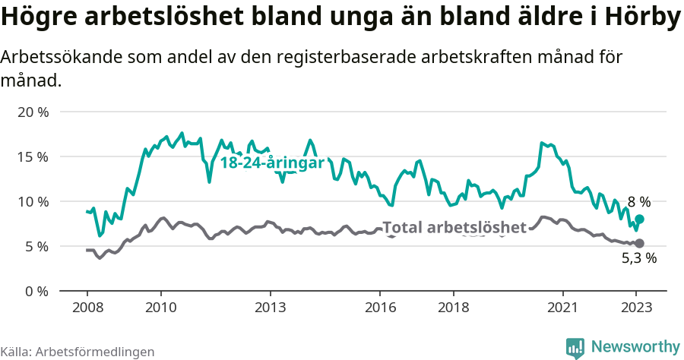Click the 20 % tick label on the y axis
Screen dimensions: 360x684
[33, 112]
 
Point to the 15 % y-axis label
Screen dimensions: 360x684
[33, 156]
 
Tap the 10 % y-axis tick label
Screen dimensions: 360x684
[33, 201]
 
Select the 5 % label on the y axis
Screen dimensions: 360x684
[36, 246]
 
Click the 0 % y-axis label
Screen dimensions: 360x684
[36, 291]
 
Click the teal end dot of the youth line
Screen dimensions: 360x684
[640, 219]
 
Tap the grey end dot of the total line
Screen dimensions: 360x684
[639, 243]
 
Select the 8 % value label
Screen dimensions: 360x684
[639, 202]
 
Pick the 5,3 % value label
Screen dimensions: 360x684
[639, 258]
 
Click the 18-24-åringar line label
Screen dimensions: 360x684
[272, 163]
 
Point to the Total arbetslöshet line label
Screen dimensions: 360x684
[454, 227]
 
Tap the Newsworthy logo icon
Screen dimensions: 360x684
[575, 347]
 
